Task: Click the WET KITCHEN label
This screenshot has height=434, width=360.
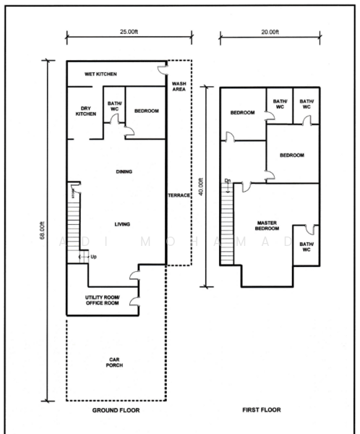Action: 100,74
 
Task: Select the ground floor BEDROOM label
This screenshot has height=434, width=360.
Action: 147,111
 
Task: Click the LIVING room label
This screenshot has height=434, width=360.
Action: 122,224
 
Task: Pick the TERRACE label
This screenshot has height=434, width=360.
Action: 179,196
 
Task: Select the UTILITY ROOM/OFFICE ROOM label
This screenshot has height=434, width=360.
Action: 100,299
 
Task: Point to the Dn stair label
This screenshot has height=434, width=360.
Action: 227,181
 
